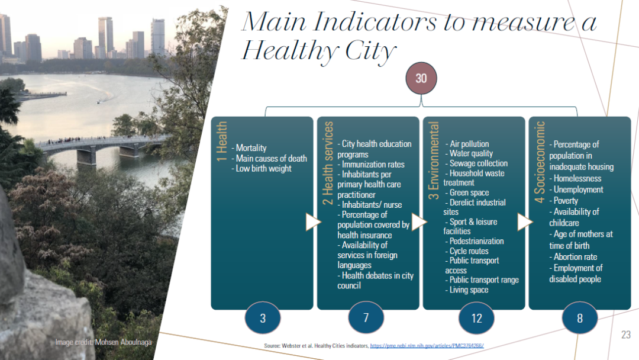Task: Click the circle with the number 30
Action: click(x=421, y=78)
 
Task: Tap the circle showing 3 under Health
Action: click(x=263, y=318)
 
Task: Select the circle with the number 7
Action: click(x=366, y=317)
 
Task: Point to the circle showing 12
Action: click(x=476, y=318)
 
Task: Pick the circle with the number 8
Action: click(x=579, y=318)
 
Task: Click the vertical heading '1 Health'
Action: click(x=221, y=141)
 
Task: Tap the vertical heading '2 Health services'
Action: click(x=328, y=163)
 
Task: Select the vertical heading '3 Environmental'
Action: click(x=434, y=160)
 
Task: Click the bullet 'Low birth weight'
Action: click(x=262, y=168)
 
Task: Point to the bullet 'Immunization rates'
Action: click(x=371, y=164)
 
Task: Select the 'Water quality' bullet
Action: click(x=469, y=153)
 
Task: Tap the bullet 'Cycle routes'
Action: click(x=467, y=250)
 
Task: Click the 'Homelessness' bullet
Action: click(x=575, y=178)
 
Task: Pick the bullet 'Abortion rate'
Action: click(x=573, y=257)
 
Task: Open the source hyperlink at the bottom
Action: click(x=427, y=346)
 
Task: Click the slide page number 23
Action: click(x=626, y=335)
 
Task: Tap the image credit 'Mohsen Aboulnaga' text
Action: click(x=123, y=342)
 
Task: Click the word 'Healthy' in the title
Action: click(x=291, y=52)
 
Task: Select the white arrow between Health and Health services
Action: click(x=314, y=222)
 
